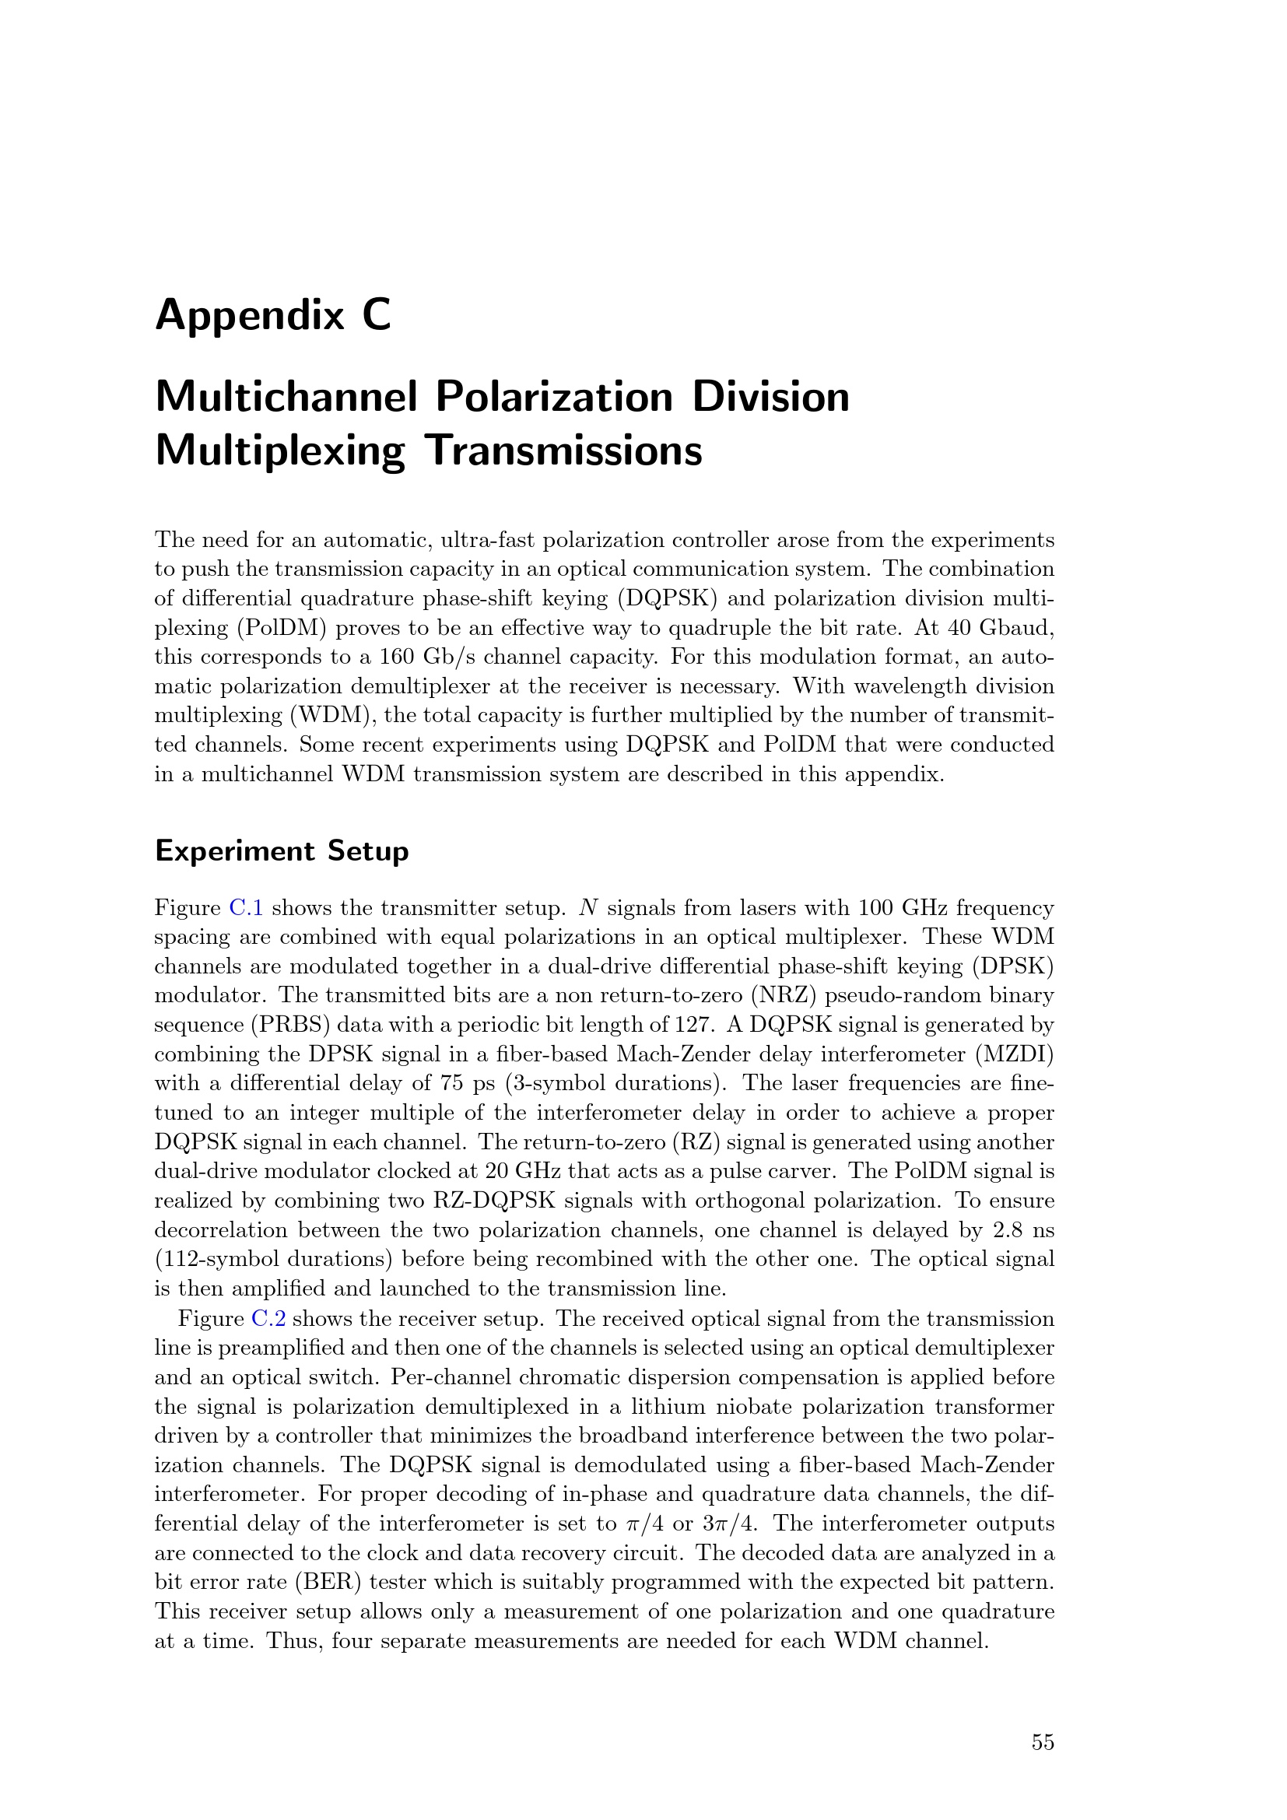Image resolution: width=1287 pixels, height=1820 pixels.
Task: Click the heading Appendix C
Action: coord(272,315)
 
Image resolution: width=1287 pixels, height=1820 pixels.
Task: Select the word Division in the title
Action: coord(770,396)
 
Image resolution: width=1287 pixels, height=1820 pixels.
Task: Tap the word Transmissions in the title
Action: coord(563,451)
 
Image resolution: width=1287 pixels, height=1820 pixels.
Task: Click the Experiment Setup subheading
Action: coord(282,850)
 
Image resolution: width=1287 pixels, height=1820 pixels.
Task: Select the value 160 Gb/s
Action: coord(416,658)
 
